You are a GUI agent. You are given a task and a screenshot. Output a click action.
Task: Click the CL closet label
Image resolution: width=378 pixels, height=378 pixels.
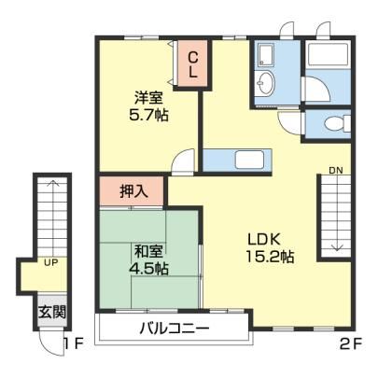pos(193,65)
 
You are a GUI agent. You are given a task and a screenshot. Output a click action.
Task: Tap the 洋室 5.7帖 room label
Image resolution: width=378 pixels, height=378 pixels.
pos(148,106)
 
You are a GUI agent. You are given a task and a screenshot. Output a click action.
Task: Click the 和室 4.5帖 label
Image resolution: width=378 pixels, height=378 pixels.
pos(148,260)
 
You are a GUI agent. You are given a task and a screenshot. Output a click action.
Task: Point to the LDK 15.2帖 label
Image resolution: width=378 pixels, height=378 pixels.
pos(270,248)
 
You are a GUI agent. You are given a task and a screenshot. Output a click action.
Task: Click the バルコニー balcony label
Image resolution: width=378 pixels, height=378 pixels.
pos(175,328)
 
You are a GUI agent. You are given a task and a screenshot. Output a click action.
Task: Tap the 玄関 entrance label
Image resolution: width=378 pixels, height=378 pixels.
pos(52,312)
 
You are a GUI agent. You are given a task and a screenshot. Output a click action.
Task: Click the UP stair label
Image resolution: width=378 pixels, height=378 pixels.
pos(51,263)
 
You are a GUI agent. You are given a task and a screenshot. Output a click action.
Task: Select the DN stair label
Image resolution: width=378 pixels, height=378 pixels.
pos(336,171)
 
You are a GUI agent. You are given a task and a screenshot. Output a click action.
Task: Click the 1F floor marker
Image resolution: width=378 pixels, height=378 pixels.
pos(74,343)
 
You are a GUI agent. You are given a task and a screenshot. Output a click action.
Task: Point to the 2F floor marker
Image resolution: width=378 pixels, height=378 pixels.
pos(351,343)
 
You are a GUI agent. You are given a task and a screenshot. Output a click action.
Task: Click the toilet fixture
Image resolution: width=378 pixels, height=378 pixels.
pos(336,123)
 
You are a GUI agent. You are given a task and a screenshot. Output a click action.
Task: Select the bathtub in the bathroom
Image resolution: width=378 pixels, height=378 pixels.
pos(328,54)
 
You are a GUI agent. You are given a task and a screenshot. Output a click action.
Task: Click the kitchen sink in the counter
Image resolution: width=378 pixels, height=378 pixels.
pos(249,160)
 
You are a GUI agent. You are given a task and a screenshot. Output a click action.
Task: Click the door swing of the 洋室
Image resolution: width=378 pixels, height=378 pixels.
pos(183,160)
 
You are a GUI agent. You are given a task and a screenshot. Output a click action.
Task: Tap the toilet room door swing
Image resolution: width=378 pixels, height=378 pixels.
pos(290,123)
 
